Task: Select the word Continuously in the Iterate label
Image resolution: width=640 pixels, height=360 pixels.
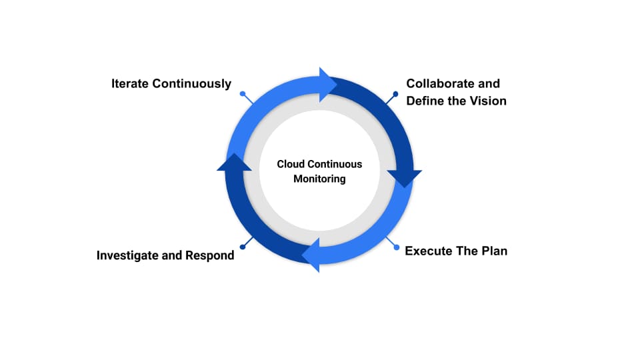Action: [x=192, y=84]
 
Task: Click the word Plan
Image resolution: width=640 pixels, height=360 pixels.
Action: [x=493, y=251]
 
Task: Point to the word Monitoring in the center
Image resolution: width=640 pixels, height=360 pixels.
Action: [x=319, y=179]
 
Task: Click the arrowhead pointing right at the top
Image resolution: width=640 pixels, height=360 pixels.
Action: [x=329, y=84]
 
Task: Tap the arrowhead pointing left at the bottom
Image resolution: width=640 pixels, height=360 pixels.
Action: [x=311, y=255]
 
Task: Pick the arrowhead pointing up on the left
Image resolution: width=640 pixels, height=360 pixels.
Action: [x=234, y=162]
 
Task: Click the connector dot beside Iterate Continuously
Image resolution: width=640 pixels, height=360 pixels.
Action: [x=243, y=94]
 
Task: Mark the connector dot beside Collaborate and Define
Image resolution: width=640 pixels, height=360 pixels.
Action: [x=398, y=94]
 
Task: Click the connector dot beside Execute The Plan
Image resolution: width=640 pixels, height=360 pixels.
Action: [x=398, y=247]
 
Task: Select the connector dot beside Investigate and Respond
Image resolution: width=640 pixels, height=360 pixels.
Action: [x=243, y=247]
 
